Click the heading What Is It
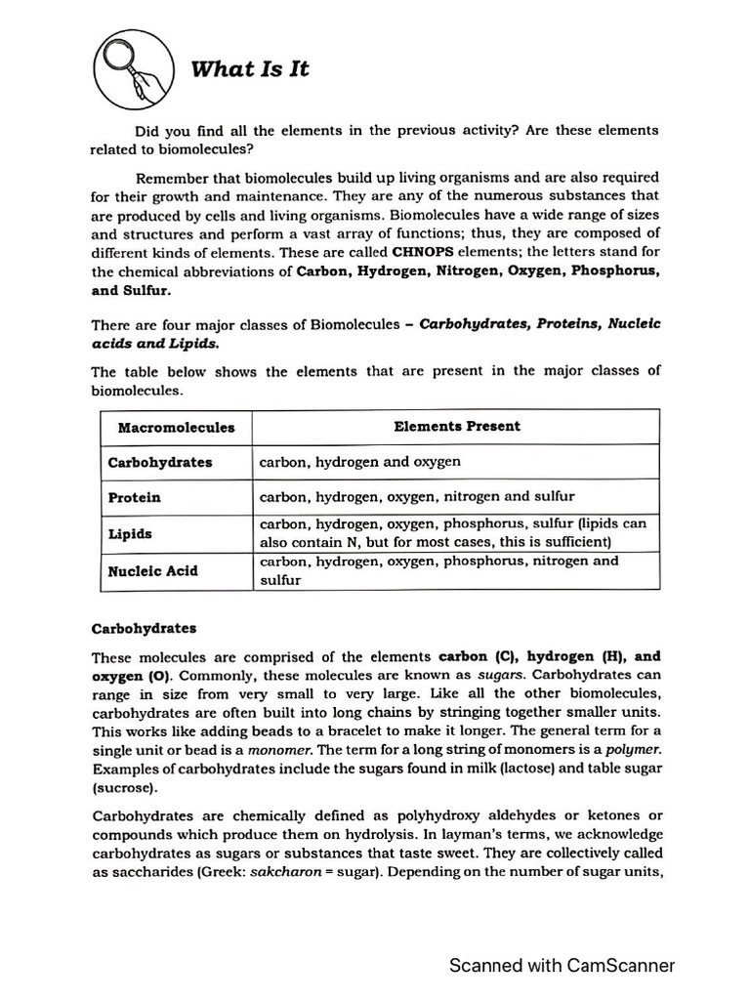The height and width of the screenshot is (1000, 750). [x=249, y=68]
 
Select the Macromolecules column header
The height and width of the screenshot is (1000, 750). [x=176, y=427]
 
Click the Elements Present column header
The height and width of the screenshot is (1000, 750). [x=457, y=426]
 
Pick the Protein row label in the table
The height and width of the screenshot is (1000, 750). [x=135, y=497]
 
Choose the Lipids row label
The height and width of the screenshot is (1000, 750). [x=130, y=534]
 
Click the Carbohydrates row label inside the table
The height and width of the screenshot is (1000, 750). [x=160, y=462]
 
